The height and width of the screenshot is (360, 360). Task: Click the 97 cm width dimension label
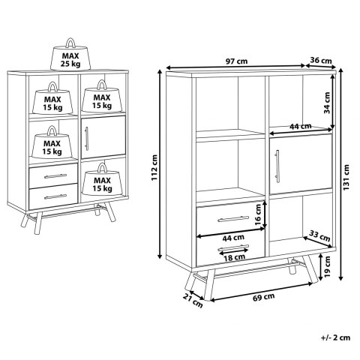pyautogui.click(x=236, y=61)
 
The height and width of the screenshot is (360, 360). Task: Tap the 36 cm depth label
pyautogui.click(x=321, y=61)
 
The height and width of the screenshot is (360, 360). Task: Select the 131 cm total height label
pyautogui.click(x=346, y=177)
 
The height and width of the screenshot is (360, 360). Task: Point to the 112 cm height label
pyautogui.click(x=154, y=167)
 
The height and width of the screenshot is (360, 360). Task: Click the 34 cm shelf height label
pyautogui.click(x=327, y=103)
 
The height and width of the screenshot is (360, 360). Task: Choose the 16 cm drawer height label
pyautogui.click(x=258, y=215)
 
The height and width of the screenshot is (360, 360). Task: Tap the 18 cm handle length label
pyautogui.click(x=234, y=257)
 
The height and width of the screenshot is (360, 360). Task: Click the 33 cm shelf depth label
pyautogui.click(x=319, y=235)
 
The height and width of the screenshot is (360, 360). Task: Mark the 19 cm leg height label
pyautogui.click(x=327, y=266)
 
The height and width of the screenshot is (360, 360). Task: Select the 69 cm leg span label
pyautogui.click(x=263, y=297)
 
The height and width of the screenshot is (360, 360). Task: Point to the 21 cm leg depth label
pyautogui.click(x=193, y=301)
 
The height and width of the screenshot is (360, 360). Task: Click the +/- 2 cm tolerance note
pyautogui.click(x=335, y=337)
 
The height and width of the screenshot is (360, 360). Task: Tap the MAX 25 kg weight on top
pyautogui.click(x=70, y=55)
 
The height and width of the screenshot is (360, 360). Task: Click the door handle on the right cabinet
pyautogui.click(x=277, y=167)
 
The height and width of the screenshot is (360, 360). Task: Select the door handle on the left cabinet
pyautogui.click(x=87, y=139)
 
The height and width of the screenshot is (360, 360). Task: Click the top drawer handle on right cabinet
pyautogui.click(x=233, y=219)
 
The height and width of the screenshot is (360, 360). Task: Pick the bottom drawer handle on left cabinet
pyautogui.click(x=55, y=196)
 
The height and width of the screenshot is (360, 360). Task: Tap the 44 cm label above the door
pyautogui.click(x=301, y=127)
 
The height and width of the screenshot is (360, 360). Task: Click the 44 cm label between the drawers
pyautogui.click(x=233, y=238)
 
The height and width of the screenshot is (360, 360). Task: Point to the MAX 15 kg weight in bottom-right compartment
pyautogui.click(x=102, y=179)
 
